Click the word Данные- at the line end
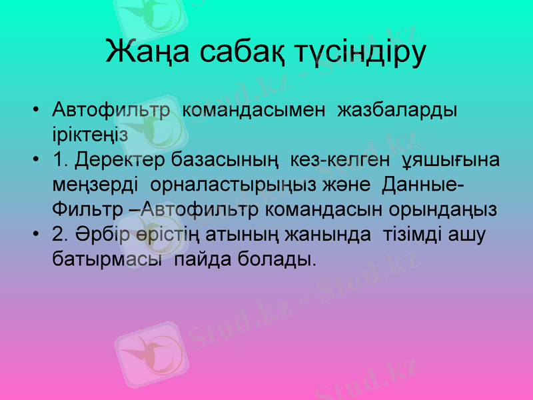[421, 184]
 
